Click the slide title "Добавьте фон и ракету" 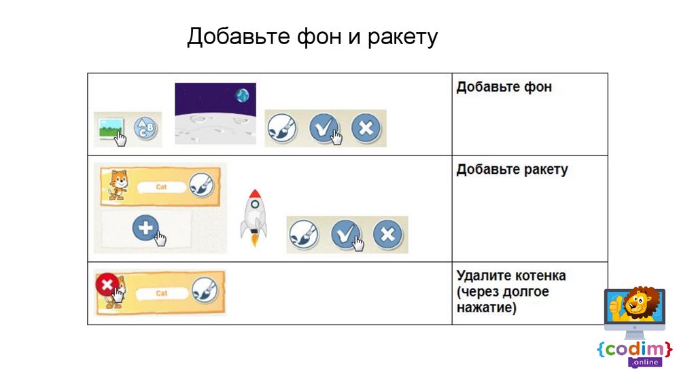click(312, 37)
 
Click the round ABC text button click(145, 128)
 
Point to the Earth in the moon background click(243, 96)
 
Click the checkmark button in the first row click(324, 128)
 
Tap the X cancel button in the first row click(366, 128)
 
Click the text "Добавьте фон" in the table click(504, 88)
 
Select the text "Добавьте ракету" click(511, 170)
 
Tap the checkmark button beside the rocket click(346, 234)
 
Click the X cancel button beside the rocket click(387, 234)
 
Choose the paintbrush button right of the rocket click(304, 234)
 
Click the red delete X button click(106, 285)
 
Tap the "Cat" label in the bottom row click(162, 293)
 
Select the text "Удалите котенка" click(511, 276)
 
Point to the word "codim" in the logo click(634, 349)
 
